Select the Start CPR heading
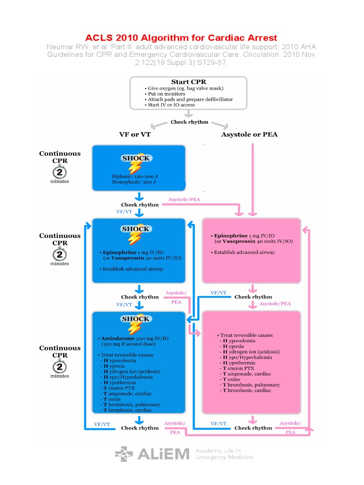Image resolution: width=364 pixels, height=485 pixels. point(188,82)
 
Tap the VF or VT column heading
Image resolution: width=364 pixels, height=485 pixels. point(135,135)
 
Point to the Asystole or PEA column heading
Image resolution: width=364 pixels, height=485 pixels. point(249,135)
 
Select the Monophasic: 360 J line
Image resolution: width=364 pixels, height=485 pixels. point(135,181)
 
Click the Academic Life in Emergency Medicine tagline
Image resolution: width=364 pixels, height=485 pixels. point(224,454)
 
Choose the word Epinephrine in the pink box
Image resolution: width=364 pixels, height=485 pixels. point(231,235)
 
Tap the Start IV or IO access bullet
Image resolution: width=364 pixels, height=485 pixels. point(171,105)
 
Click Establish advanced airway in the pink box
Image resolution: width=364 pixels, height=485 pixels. point(244,252)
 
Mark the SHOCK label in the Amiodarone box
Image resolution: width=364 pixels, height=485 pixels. point(136,319)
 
